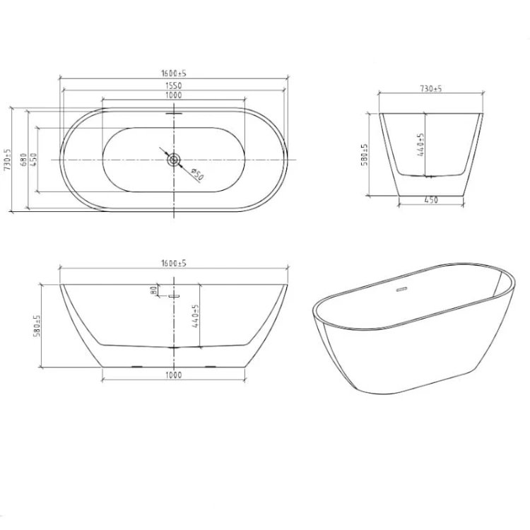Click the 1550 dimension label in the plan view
click(x=174, y=86)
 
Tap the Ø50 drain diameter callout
click(x=197, y=175)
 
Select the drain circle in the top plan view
click(x=174, y=160)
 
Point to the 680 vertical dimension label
click(x=23, y=160)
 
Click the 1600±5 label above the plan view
click(x=174, y=73)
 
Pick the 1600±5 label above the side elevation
click(x=174, y=263)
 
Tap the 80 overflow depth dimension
click(x=154, y=290)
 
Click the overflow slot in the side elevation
click(x=174, y=296)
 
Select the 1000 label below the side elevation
click(x=174, y=375)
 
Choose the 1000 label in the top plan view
click(x=174, y=95)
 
